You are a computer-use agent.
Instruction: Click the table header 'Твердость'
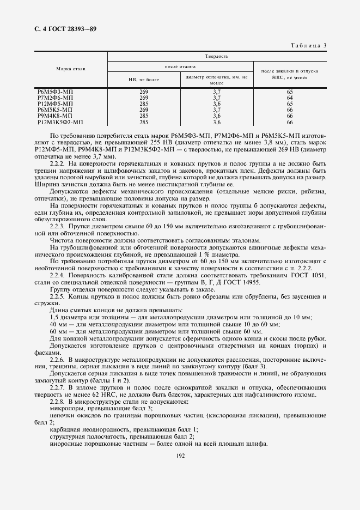pos(217,56)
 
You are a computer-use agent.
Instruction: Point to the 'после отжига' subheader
pos(180,66)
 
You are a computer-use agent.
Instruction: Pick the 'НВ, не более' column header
pos(144,80)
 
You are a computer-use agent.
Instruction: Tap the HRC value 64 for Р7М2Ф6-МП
pos(290,98)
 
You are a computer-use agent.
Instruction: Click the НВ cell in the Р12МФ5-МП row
pos(144,104)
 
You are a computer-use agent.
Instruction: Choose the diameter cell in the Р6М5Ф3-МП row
pos(216,92)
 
